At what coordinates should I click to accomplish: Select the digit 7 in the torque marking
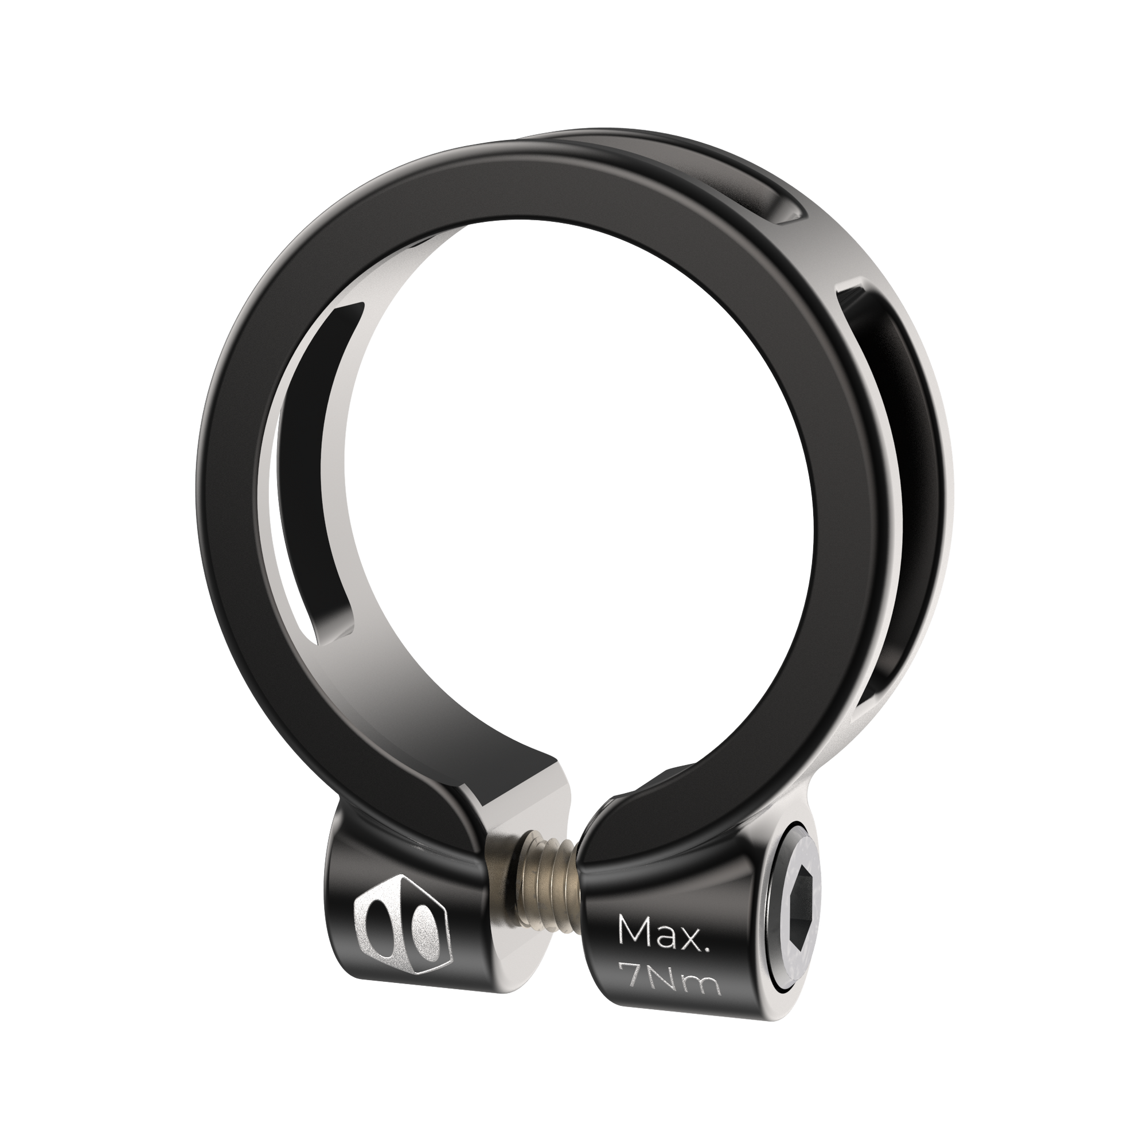pos(629,985)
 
